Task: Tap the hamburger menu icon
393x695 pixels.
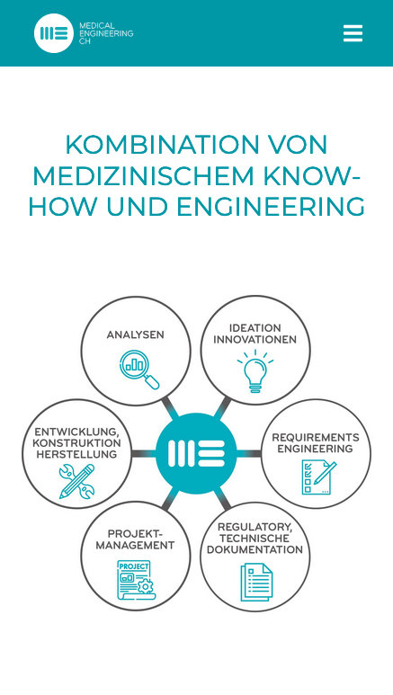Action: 353,33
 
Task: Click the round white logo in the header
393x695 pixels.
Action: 54,33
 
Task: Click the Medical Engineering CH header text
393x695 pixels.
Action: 106,33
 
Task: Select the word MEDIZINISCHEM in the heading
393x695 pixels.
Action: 143,175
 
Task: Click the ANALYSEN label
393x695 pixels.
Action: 135,334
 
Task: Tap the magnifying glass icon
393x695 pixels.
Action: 139,370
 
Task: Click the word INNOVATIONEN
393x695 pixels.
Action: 255,340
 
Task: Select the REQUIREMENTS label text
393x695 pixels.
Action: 316,438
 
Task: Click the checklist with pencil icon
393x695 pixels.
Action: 319,477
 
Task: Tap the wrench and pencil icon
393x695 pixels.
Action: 76,481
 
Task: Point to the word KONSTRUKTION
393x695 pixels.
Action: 76,442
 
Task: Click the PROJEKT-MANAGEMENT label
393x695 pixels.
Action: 135,539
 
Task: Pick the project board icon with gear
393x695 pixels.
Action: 135,580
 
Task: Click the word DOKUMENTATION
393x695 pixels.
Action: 255,549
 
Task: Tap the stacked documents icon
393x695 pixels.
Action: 256,583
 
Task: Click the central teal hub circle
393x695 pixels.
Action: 196,453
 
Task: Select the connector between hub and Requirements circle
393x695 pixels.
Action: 249,453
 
